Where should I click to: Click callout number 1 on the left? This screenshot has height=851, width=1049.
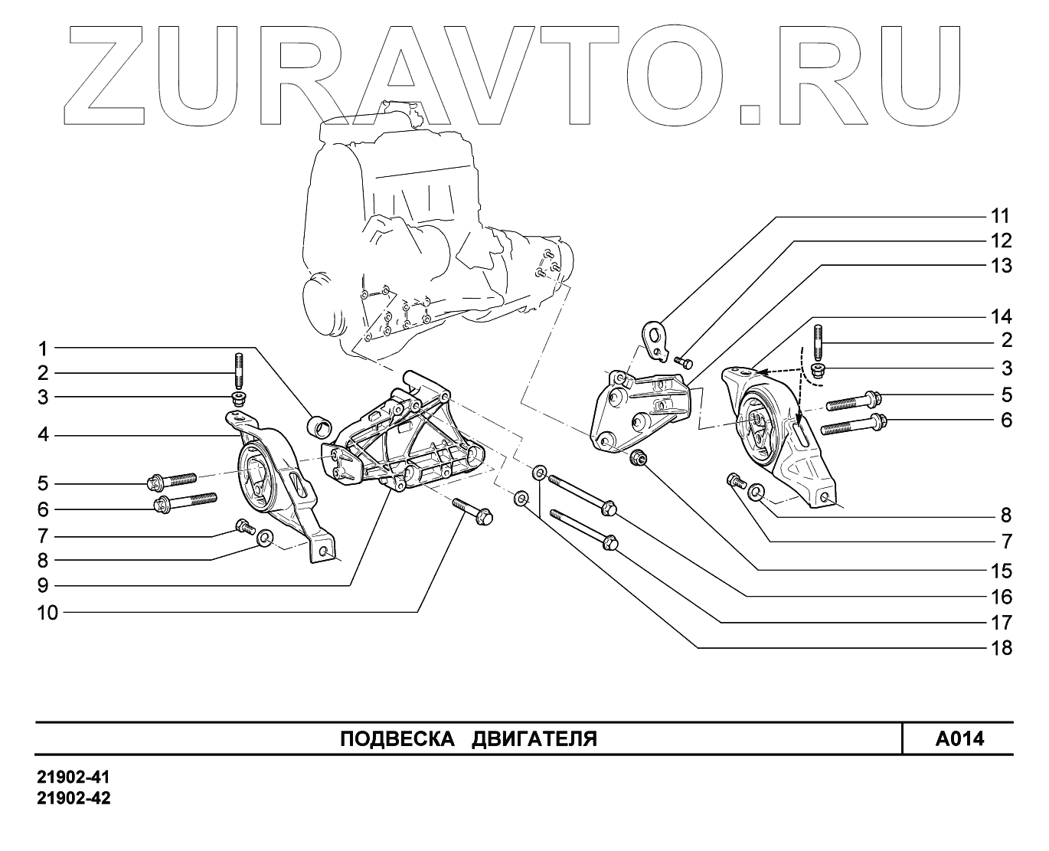point(44,349)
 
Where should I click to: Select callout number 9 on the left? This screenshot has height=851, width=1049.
point(44,585)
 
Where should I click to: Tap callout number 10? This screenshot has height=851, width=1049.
point(48,612)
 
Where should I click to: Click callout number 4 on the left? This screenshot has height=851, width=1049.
point(44,435)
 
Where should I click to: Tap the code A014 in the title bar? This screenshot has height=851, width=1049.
point(959,739)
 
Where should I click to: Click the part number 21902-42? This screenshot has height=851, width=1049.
point(74,798)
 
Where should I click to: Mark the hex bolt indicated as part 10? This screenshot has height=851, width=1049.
point(474,512)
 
